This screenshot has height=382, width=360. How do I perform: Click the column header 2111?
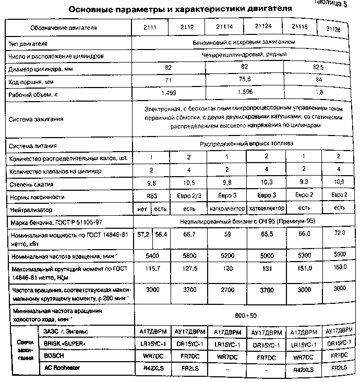(x=152, y=27)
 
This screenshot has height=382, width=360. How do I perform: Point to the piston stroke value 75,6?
(x=245, y=80)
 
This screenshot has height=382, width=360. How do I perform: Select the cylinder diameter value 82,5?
(x=319, y=67)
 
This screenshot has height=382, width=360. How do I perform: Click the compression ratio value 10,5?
(x=188, y=183)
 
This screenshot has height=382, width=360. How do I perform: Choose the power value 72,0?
(x=339, y=232)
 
